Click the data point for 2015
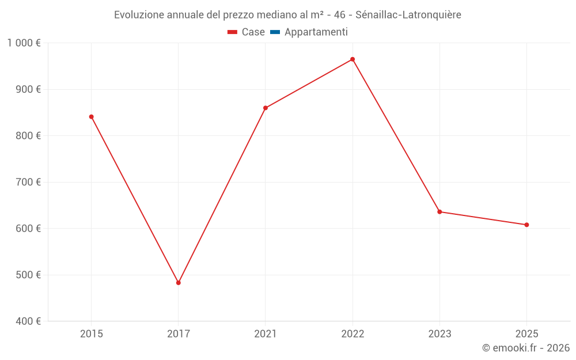click(x=91, y=117)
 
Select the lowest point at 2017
click(x=179, y=283)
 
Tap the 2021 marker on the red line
click(x=266, y=108)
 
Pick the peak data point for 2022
click(x=353, y=59)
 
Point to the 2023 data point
click(x=439, y=211)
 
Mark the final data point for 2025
click(x=526, y=225)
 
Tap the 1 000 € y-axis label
click(x=24, y=43)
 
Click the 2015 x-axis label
click(x=91, y=334)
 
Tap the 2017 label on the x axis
click(x=179, y=334)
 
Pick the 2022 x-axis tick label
click(x=353, y=334)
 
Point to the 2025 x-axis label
click(x=526, y=334)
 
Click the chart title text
click(x=287, y=15)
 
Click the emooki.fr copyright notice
click(x=525, y=348)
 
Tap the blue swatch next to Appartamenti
click(x=275, y=32)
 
